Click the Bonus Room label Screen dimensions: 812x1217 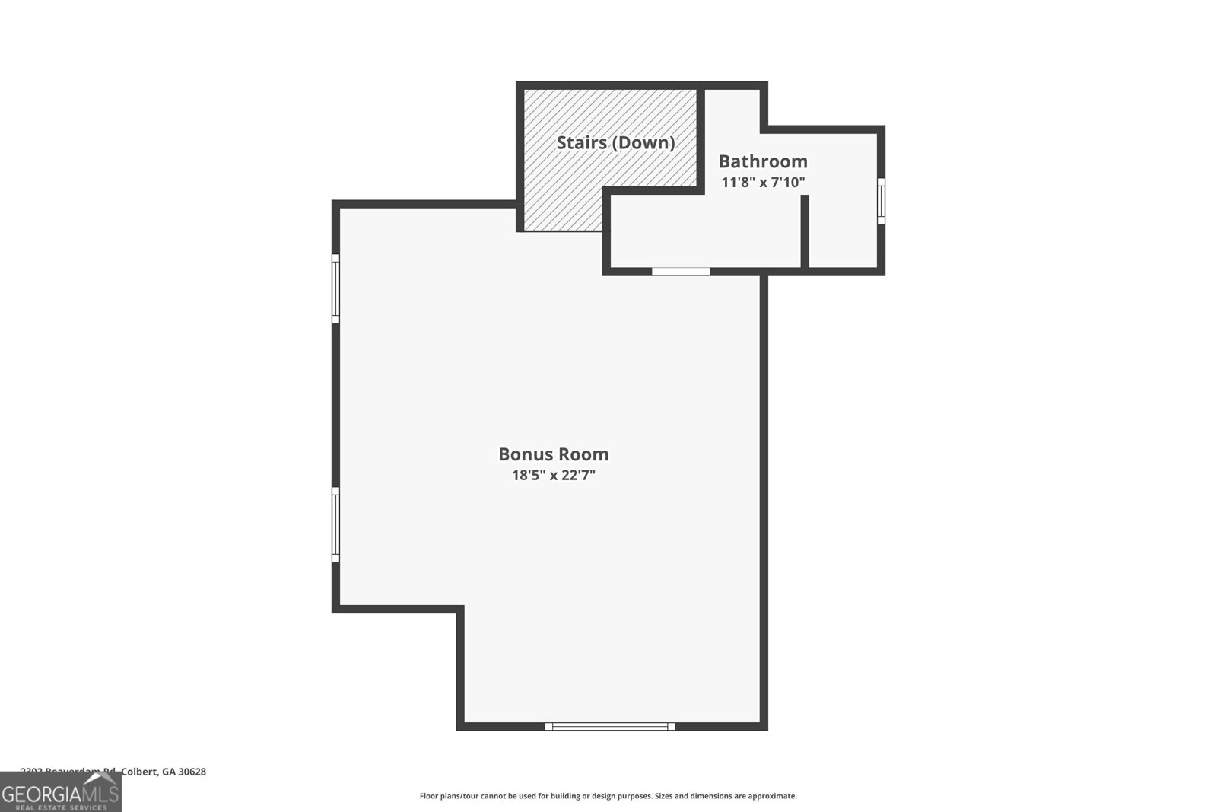553,454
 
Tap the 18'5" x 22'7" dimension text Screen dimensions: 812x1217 553,476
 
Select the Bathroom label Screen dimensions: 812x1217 763,161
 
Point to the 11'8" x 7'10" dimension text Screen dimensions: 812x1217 763,183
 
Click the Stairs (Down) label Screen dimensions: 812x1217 615,142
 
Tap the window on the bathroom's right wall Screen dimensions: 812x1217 881,201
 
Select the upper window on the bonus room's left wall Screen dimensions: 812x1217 335,288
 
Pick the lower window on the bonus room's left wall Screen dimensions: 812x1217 335,525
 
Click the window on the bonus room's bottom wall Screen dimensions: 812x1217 610,727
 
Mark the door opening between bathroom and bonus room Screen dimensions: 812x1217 681,271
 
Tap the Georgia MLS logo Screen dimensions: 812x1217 60,793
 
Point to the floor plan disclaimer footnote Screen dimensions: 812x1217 608,796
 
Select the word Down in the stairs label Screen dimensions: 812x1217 643,142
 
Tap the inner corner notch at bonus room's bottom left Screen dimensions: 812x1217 459,610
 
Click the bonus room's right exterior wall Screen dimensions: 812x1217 764,495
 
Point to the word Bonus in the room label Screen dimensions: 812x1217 524,454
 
